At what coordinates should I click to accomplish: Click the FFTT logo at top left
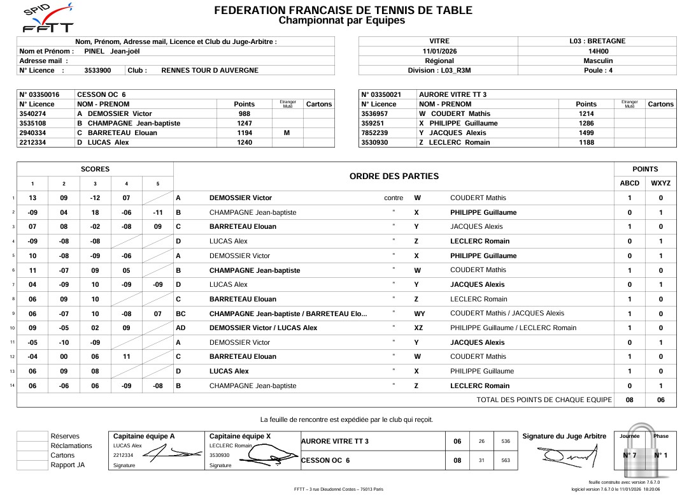click(47, 19)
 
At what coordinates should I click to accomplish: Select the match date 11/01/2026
click(439, 51)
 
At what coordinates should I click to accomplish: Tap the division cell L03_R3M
click(439, 70)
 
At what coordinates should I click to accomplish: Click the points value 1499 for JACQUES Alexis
click(586, 133)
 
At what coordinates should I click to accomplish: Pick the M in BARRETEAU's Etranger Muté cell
click(287, 133)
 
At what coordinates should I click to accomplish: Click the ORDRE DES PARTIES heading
click(394, 177)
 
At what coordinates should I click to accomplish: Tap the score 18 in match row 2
click(95, 212)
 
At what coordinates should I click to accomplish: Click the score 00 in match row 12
click(64, 356)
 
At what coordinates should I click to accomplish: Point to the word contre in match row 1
click(394, 198)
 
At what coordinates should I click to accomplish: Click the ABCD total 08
click(630, 400)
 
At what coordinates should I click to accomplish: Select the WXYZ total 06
click(660, 400)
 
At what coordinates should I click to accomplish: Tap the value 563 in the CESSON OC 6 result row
click(506, 460)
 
